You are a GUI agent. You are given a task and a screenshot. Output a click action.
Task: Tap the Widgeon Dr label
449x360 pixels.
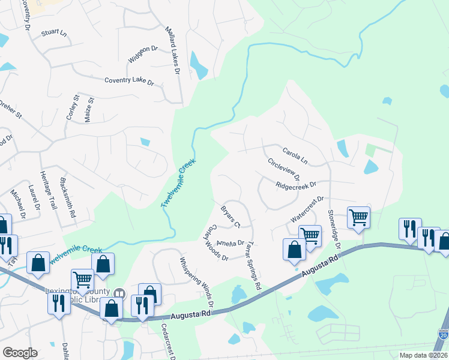pyautogui.click(x=142, y=55)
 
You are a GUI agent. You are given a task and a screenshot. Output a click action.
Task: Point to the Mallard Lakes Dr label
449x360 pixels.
pyautogui.click(x=172, y=49)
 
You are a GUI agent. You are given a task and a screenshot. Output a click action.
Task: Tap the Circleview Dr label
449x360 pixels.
pyautogui.click(x=283, y=171)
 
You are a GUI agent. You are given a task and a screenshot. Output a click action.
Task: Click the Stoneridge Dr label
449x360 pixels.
pyautogui.click(x=333, y=229)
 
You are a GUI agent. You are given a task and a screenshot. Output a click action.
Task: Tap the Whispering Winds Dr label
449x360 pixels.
pyautogui.click(x=196, y=281)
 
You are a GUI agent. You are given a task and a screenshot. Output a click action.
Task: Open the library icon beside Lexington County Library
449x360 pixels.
pyautogui.click(x=120, y=293)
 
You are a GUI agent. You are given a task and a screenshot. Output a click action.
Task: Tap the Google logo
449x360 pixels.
pyautogui.click(x=20, y=353)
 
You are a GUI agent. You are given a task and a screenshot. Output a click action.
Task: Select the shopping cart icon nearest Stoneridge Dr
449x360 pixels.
pyautogui.click(x=358, y=217)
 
